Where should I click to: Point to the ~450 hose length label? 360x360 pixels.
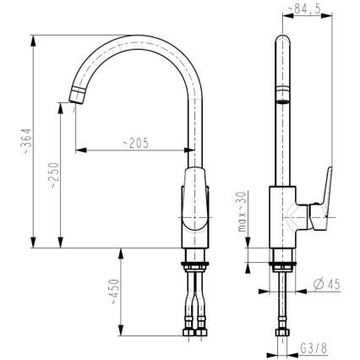coord(114,292)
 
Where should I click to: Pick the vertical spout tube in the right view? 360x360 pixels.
coord(282,110)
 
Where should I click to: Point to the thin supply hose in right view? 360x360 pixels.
coord(282,300)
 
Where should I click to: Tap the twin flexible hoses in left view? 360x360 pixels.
coord(196,296)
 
